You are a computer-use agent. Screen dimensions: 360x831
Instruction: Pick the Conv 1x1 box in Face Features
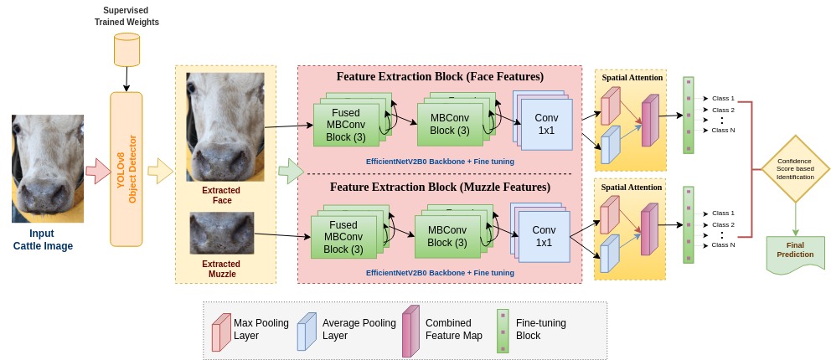tap(545, 125)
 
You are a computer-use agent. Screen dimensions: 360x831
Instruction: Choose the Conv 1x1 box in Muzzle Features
tap(543, 236)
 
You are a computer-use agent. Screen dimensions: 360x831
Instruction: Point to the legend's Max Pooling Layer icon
tap(221, 330)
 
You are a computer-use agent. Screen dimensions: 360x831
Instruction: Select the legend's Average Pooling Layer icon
tap(307, 330)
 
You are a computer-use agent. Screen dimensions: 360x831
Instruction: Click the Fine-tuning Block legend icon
tap(503, 330)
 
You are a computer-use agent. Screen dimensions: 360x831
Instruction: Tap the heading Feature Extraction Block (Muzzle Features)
tap(439, 187)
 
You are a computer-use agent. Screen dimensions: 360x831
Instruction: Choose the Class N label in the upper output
tap(723, 130)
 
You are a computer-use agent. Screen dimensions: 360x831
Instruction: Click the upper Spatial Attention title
tap(632, 78)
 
